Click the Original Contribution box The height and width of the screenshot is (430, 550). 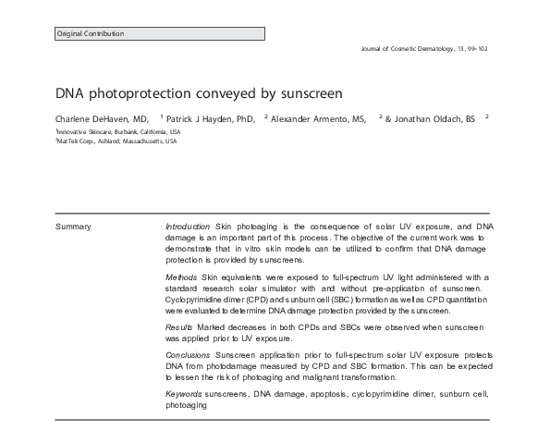pos(160,33)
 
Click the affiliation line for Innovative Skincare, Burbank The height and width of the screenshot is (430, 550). pos(116,131)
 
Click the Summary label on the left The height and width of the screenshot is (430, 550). pos(73,226)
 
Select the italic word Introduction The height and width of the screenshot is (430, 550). pos(188,226)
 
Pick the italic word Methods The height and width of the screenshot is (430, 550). pos(180,276)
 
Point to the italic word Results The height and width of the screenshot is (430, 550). pos(178,327)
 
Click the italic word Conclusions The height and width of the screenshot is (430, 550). pos(188,354)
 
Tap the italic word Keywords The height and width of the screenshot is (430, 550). pos(183,394)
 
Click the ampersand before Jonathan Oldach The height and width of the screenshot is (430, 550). pos(388,119)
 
